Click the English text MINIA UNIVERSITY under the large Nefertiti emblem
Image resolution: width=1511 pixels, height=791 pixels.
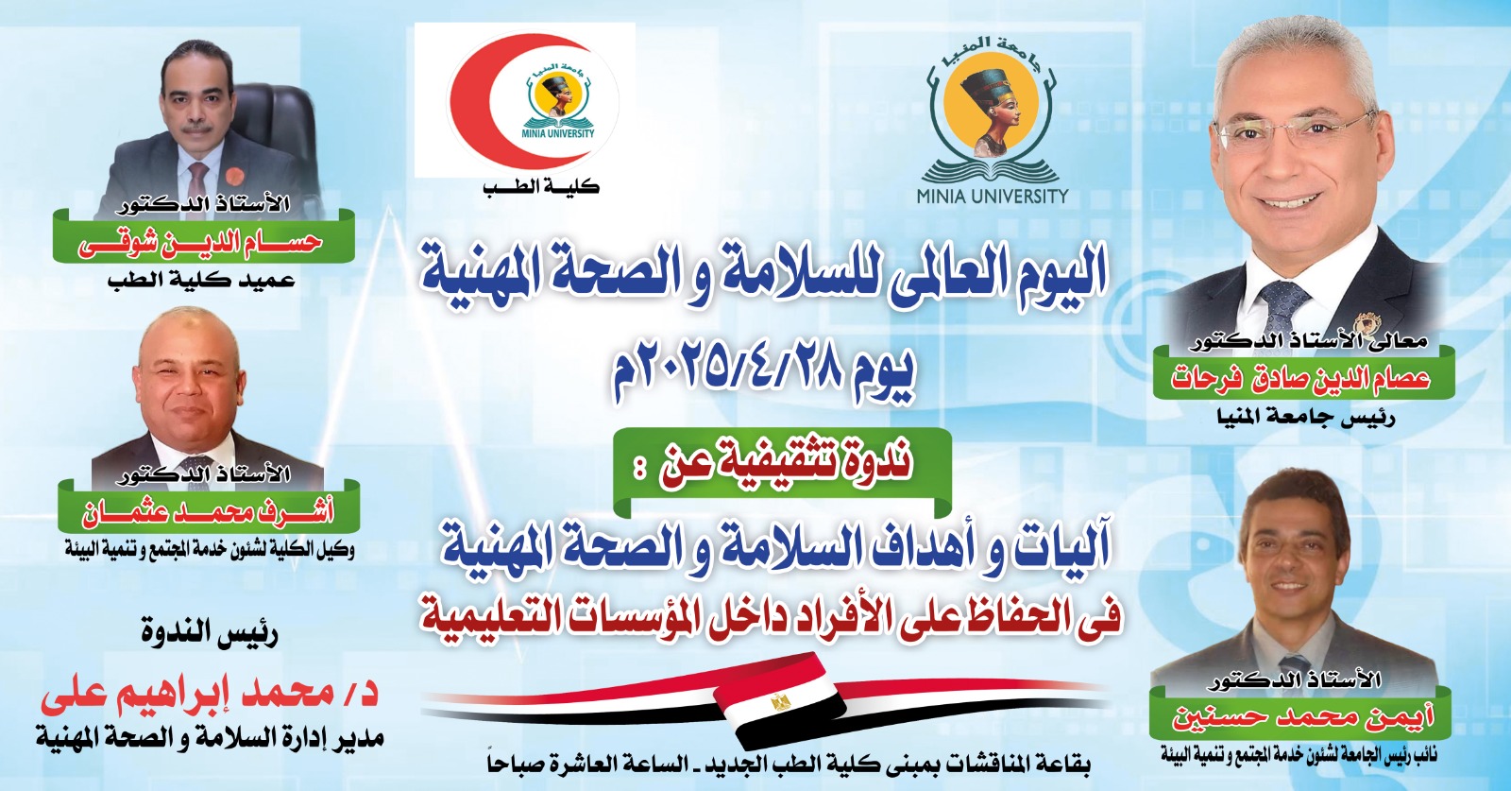[993, 197]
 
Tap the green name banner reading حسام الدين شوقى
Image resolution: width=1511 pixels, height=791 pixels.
[204, 242]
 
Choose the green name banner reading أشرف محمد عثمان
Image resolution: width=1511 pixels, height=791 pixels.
[209, 515]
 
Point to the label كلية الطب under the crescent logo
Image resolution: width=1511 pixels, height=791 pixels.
[542, 188]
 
